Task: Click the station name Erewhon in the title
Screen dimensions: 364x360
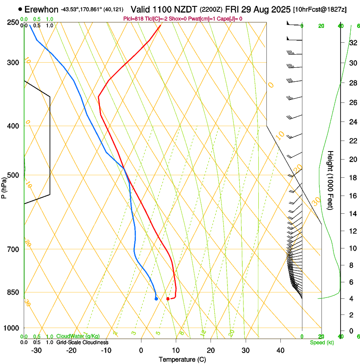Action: click(42, 9)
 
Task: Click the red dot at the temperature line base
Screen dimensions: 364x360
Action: click(168, 299)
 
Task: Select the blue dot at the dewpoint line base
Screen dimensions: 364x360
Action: click(156, 299)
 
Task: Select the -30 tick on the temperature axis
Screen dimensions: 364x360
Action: click(36, 350)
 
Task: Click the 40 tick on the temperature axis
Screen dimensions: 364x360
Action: click(280, 350)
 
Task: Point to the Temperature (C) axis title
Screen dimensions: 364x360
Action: click(182, 359)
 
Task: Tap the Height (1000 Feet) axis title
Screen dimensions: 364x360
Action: click(331, 180)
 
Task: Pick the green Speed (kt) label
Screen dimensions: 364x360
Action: click(321, 342)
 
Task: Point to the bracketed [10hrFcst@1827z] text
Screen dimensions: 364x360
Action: click(319, 9)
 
